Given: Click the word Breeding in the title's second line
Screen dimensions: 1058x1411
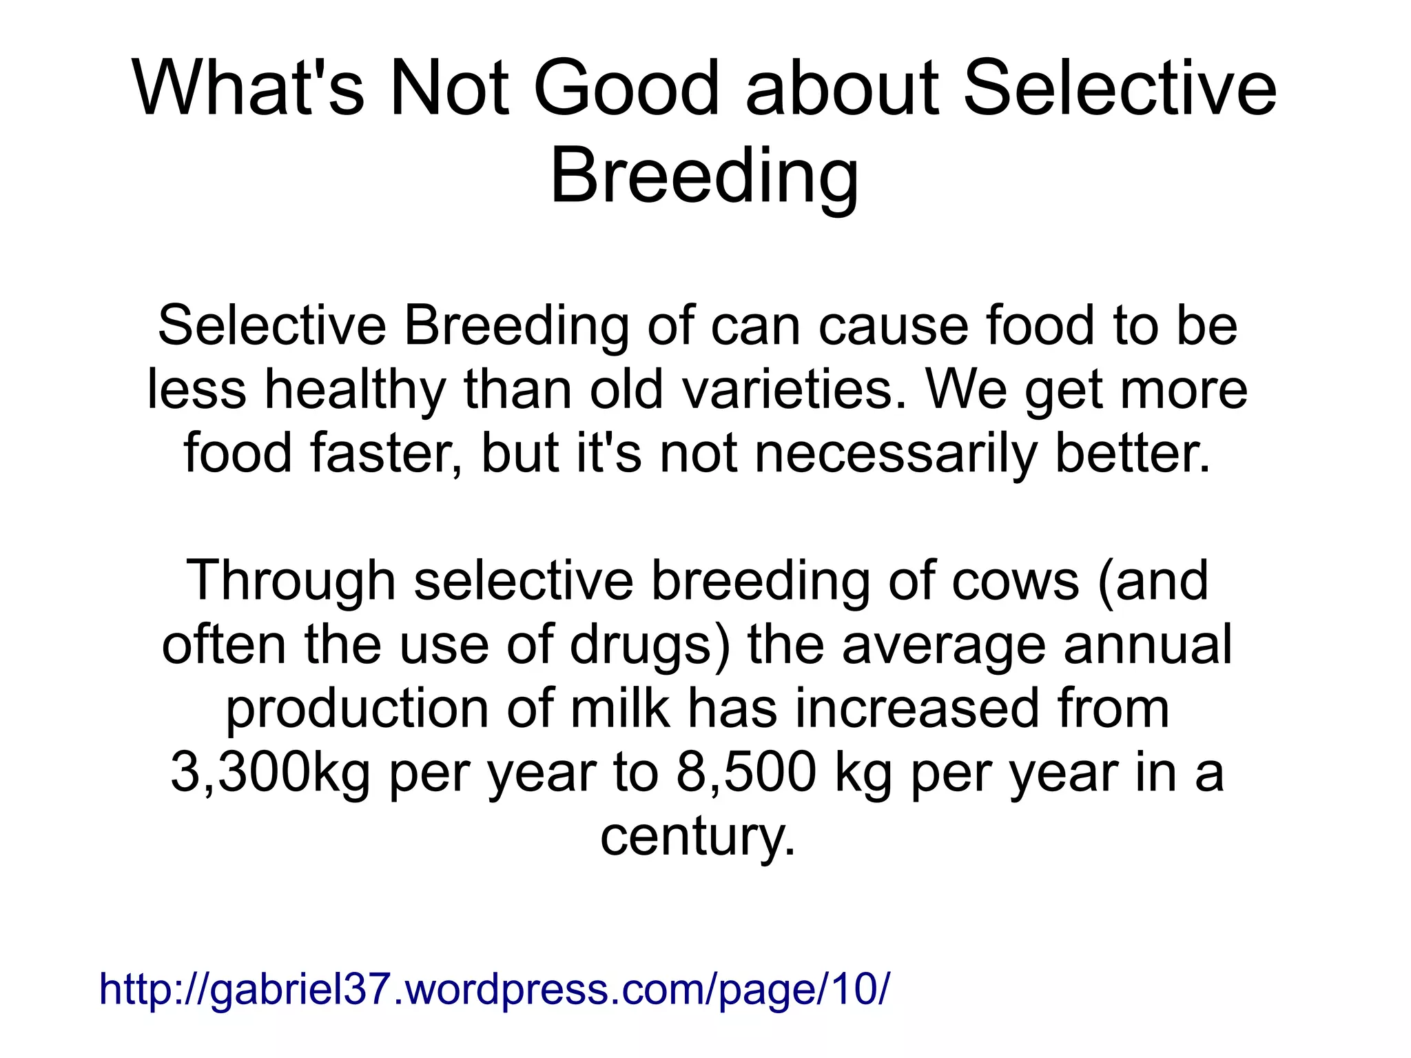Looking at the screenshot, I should [704, 178].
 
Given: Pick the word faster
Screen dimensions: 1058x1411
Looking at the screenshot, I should [386, 454].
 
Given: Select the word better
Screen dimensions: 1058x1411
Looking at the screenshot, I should [1133, 454].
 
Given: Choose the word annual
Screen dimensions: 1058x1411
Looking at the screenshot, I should [1147, 644].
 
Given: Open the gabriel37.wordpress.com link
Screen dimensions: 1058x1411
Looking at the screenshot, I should [494, 988].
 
